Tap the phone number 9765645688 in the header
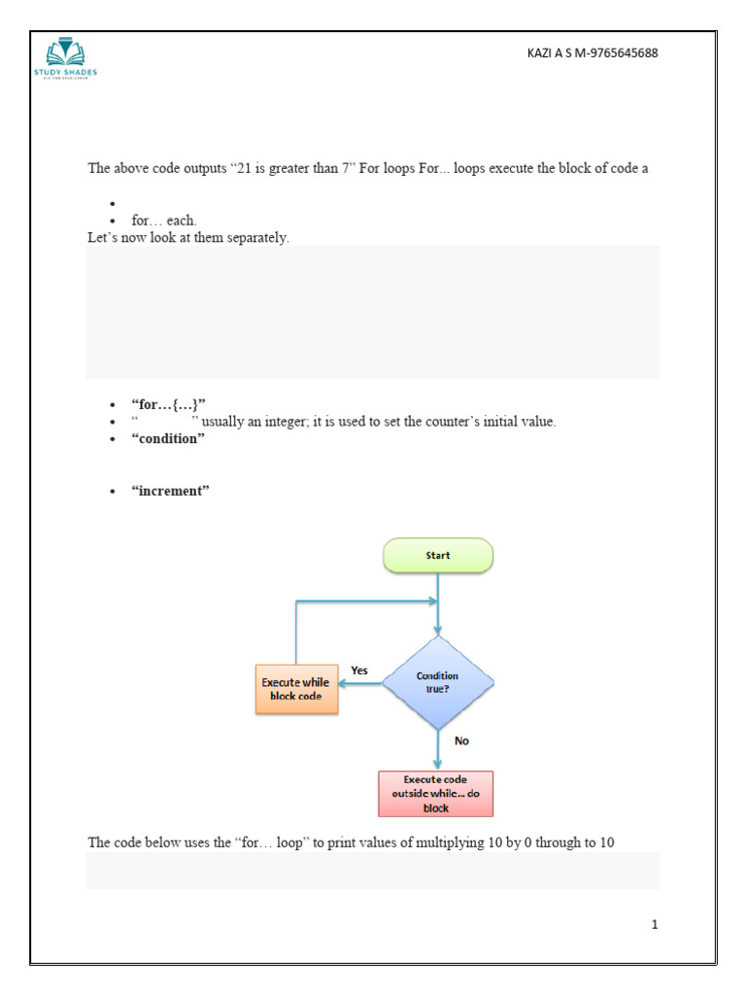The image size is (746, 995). coord(622,53)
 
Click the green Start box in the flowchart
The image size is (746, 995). coord(438,556)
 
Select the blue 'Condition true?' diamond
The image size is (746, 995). coord(437,682)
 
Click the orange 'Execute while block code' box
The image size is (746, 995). coord(296,689)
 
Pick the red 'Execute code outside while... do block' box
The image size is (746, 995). coord(435,794)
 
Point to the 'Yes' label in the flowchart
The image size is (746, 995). coord(359,670)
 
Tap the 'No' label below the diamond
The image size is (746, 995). coord(461,740)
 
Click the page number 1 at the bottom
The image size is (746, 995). coord(655,924)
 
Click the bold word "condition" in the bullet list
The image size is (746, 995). coord(169,438)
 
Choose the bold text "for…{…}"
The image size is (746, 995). coord(169,404)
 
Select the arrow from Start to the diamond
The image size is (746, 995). coord(439,602)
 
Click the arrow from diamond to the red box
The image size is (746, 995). coord(438,749)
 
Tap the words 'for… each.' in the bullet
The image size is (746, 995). coord(164,221)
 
